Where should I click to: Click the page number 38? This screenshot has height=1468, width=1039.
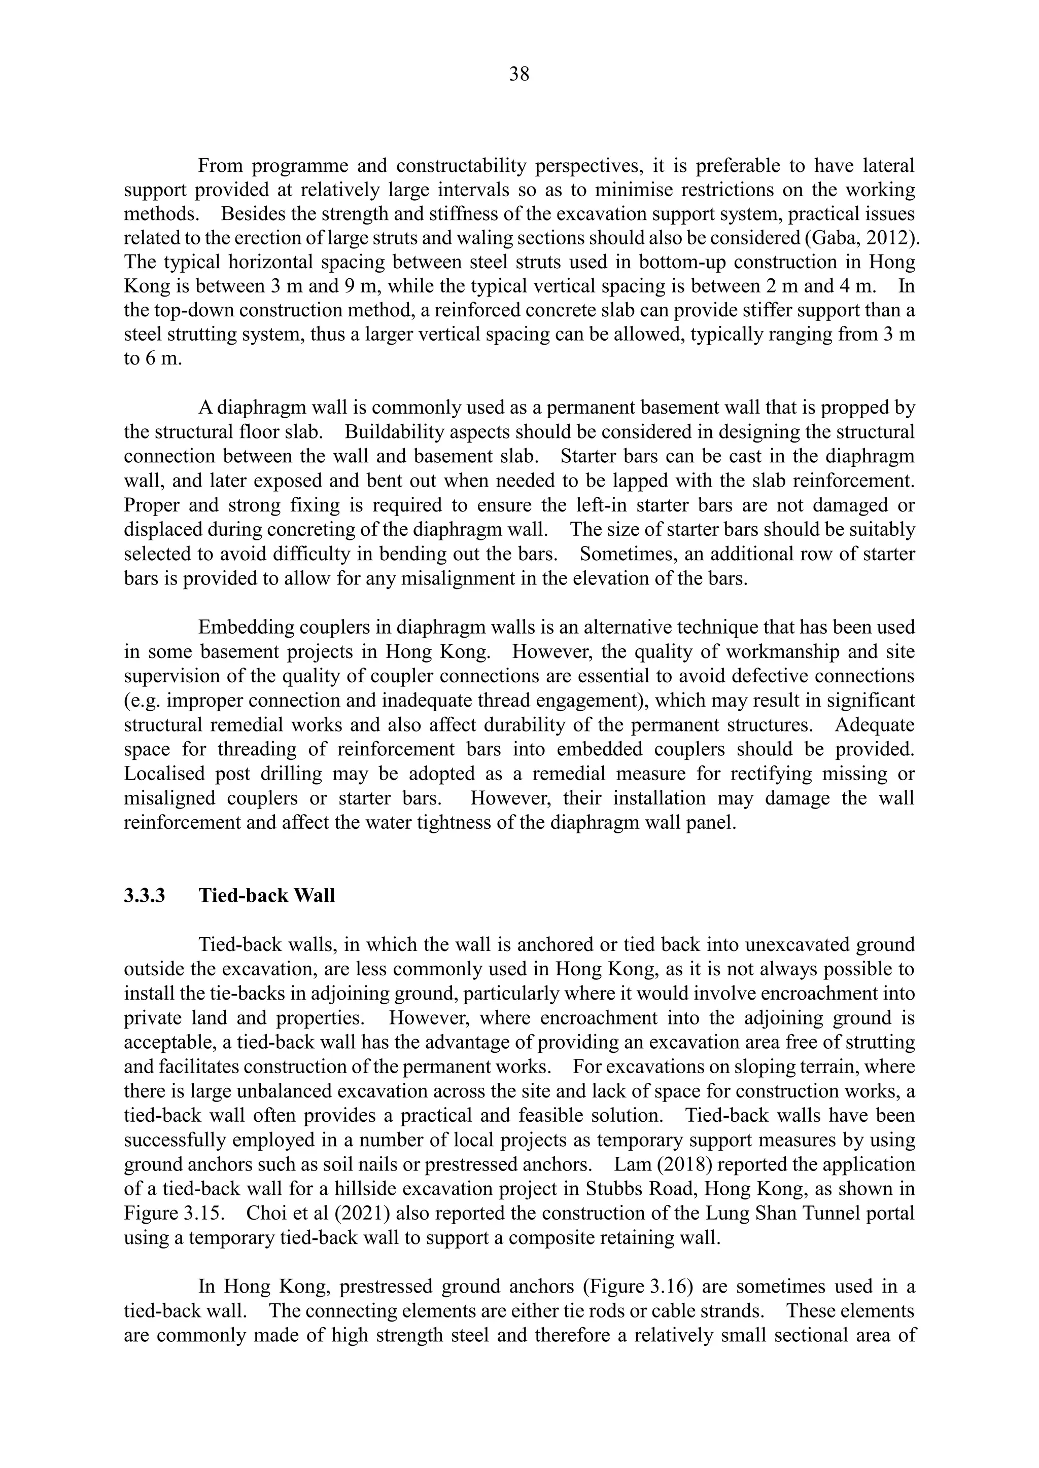519,75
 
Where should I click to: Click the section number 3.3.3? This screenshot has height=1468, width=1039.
144,896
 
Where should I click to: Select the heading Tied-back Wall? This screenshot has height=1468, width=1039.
266,896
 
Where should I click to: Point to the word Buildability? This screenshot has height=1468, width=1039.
390,432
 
